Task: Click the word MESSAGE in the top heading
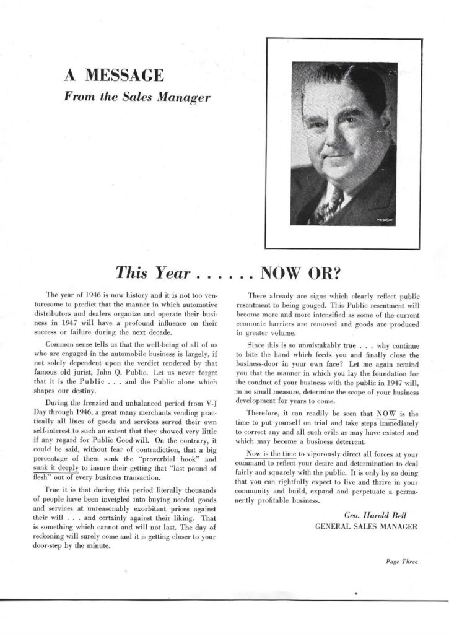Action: click(126, 77)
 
